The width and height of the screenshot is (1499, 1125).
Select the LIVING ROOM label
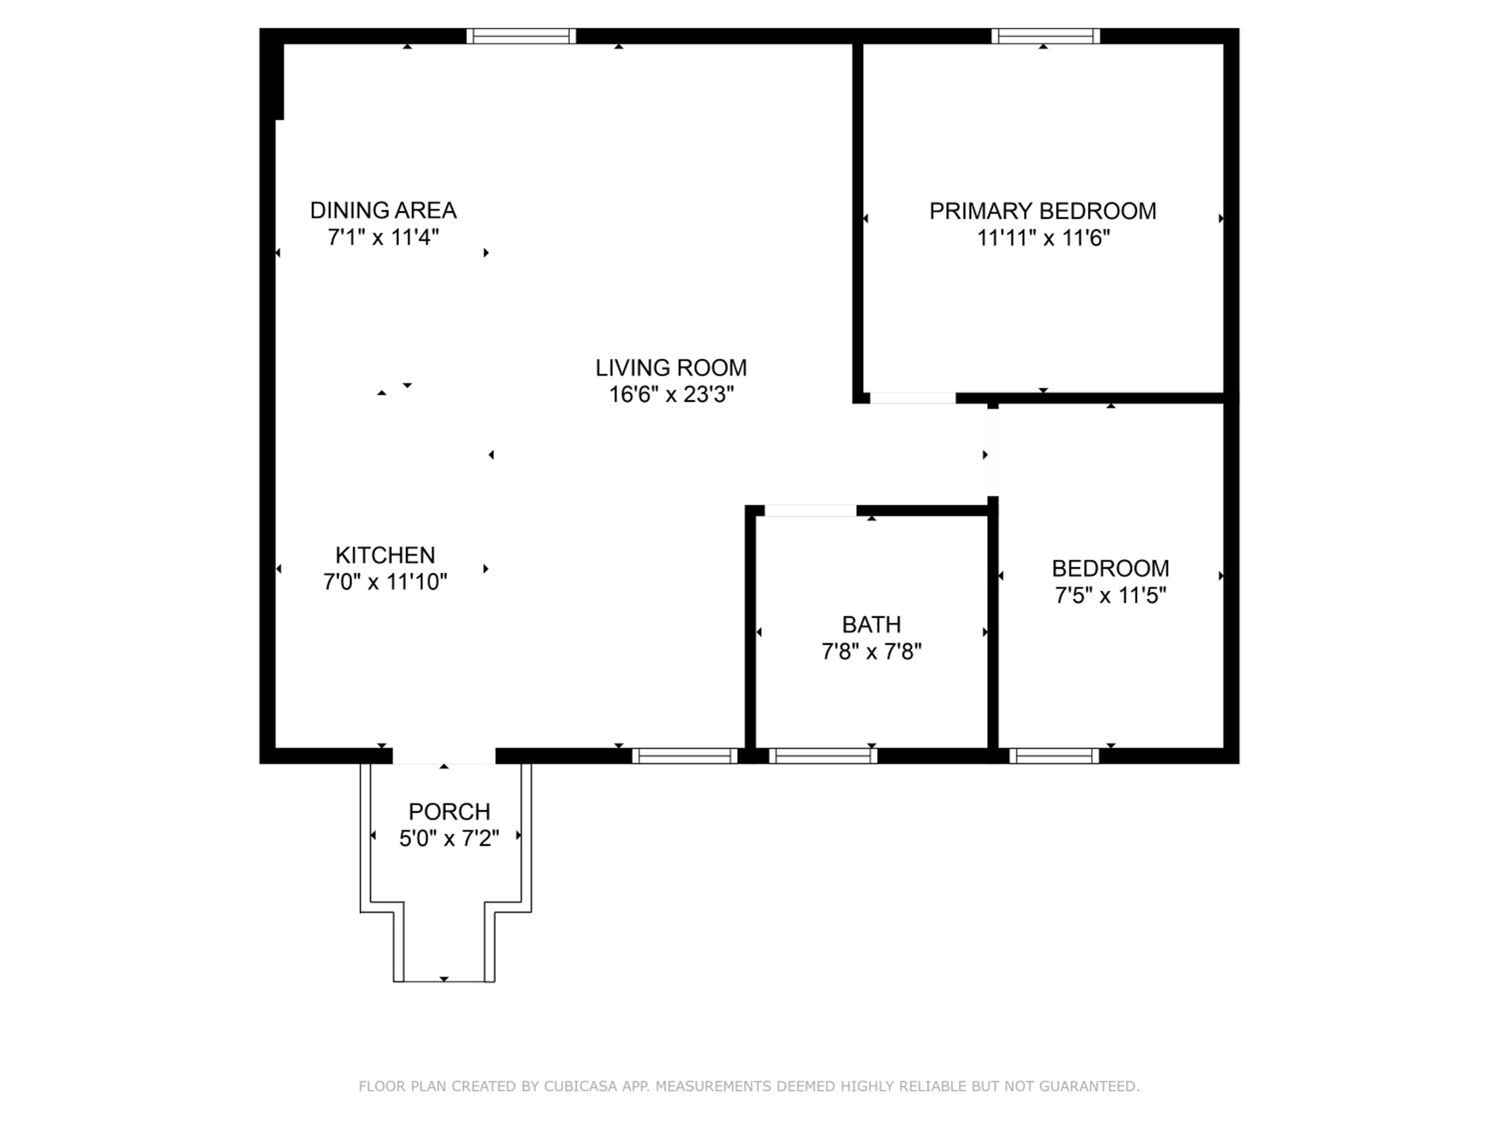671,367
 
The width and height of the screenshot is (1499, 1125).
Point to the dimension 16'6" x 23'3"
671,394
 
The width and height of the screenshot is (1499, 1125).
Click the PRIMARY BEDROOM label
1043,211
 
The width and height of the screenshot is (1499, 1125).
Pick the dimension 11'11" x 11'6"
1043,238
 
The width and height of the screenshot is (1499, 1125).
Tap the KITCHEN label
385,555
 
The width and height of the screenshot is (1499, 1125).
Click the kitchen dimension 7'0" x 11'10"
385,582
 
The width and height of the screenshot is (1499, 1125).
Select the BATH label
871,624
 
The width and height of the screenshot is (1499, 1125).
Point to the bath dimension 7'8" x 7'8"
871,651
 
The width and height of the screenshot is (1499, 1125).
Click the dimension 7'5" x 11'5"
1110,595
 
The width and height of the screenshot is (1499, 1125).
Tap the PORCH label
449,811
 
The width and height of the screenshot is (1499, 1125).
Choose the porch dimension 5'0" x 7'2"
449,839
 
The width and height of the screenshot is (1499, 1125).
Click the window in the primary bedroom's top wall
1046,36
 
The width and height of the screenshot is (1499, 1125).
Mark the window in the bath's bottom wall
822,755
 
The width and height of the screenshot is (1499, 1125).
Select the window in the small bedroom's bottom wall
1054,755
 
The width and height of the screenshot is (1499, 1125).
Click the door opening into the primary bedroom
913,398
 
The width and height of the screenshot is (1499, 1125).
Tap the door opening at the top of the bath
810,510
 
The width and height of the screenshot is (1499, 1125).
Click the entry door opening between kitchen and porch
444,755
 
